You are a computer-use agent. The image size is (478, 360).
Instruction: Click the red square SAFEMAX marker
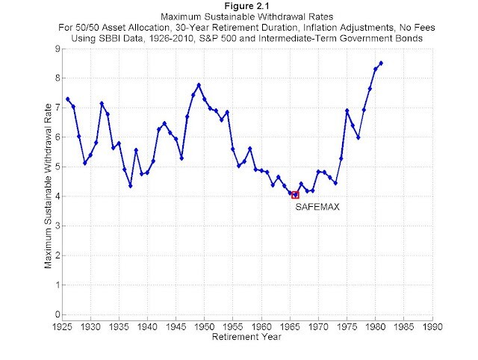(x=295, y=195)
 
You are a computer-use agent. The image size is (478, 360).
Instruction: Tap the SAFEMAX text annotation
(x=317, y=207)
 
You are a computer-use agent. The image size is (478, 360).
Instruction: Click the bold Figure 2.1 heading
(x=246, y=7)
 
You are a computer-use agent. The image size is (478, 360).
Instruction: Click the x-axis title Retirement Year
(x=247, y=337)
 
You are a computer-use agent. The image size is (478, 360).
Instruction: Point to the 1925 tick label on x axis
(x=62, y=326)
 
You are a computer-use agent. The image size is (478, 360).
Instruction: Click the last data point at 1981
(x=381, y=63)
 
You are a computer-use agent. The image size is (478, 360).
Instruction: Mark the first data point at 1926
(x=68, y=99)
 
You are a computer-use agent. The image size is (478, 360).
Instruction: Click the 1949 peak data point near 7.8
(x=199, y=84)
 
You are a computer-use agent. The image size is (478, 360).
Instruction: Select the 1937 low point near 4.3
(x=131, y=186)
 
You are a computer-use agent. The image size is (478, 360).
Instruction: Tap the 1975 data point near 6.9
(x=347, y=111)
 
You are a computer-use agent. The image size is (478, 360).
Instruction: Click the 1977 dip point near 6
(x=358, y=137)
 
